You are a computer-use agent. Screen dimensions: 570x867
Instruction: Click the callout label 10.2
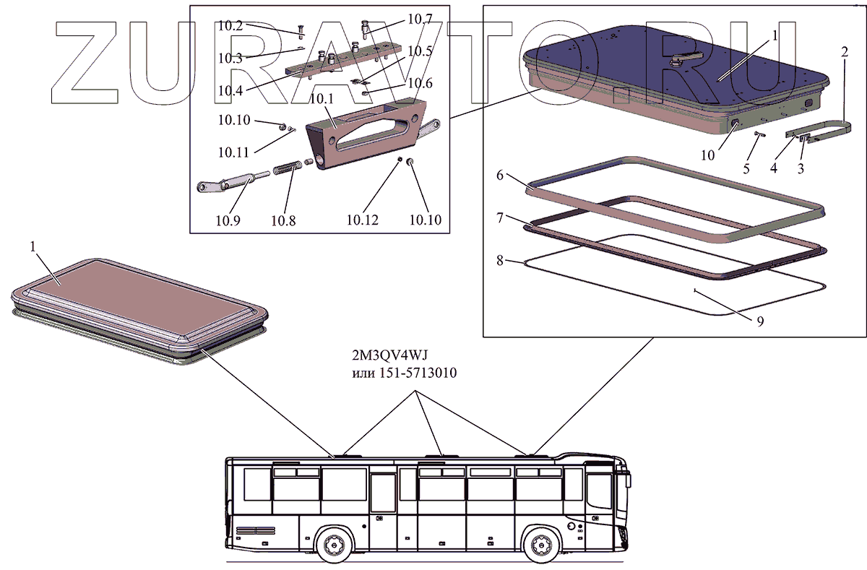click(230, 26)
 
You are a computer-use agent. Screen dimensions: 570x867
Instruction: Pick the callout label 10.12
click(362, 220)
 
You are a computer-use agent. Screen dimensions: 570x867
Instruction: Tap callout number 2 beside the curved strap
click(844, 51)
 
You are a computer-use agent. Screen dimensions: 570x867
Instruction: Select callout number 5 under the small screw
click(746, 169)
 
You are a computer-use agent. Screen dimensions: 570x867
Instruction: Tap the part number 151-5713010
click(418, 373)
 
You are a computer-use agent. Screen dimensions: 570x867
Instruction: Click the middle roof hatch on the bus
click(435, 455)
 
